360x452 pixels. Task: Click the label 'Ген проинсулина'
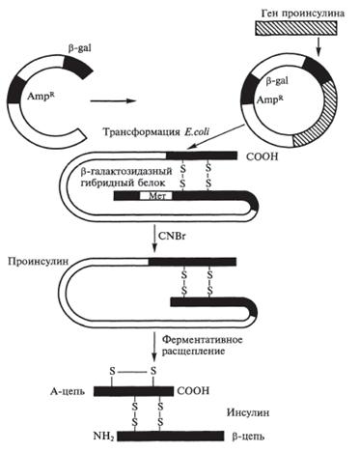pyautogui.click(x=303, y=14)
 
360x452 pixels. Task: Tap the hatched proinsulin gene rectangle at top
pyautogui.click(x=296, y=28)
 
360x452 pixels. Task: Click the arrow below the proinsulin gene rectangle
pyautogui.click(x=318, y=46)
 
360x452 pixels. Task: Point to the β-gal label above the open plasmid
pyautogui.click(x=79, y=49)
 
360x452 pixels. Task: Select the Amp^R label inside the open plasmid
pyautogui.click(x=41, y=96)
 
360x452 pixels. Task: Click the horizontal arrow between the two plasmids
pyautogui.click(x=114, y=100)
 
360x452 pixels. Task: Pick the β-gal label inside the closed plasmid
pyautogui.click(x=277, y=81)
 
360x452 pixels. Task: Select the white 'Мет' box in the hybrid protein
pyautogui.click(x=155, y=196)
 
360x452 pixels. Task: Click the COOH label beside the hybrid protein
pyautogui.click(x=262, y=156)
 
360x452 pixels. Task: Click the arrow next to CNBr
pyautogui.click(x=154, y=240)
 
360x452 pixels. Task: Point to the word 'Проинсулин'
pyautogui.click(x=39, y=261)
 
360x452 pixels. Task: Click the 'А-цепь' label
pyautogui.click(x=68, y=391)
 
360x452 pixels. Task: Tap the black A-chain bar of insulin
pyautogui.click(x=134, y=391)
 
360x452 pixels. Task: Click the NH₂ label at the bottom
pyautogui.click(x=103, y=437)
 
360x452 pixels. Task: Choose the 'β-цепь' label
pyautogui.click(x=248, y=437)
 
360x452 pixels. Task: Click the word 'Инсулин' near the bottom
pyautogui.click(x=248, y=412)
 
